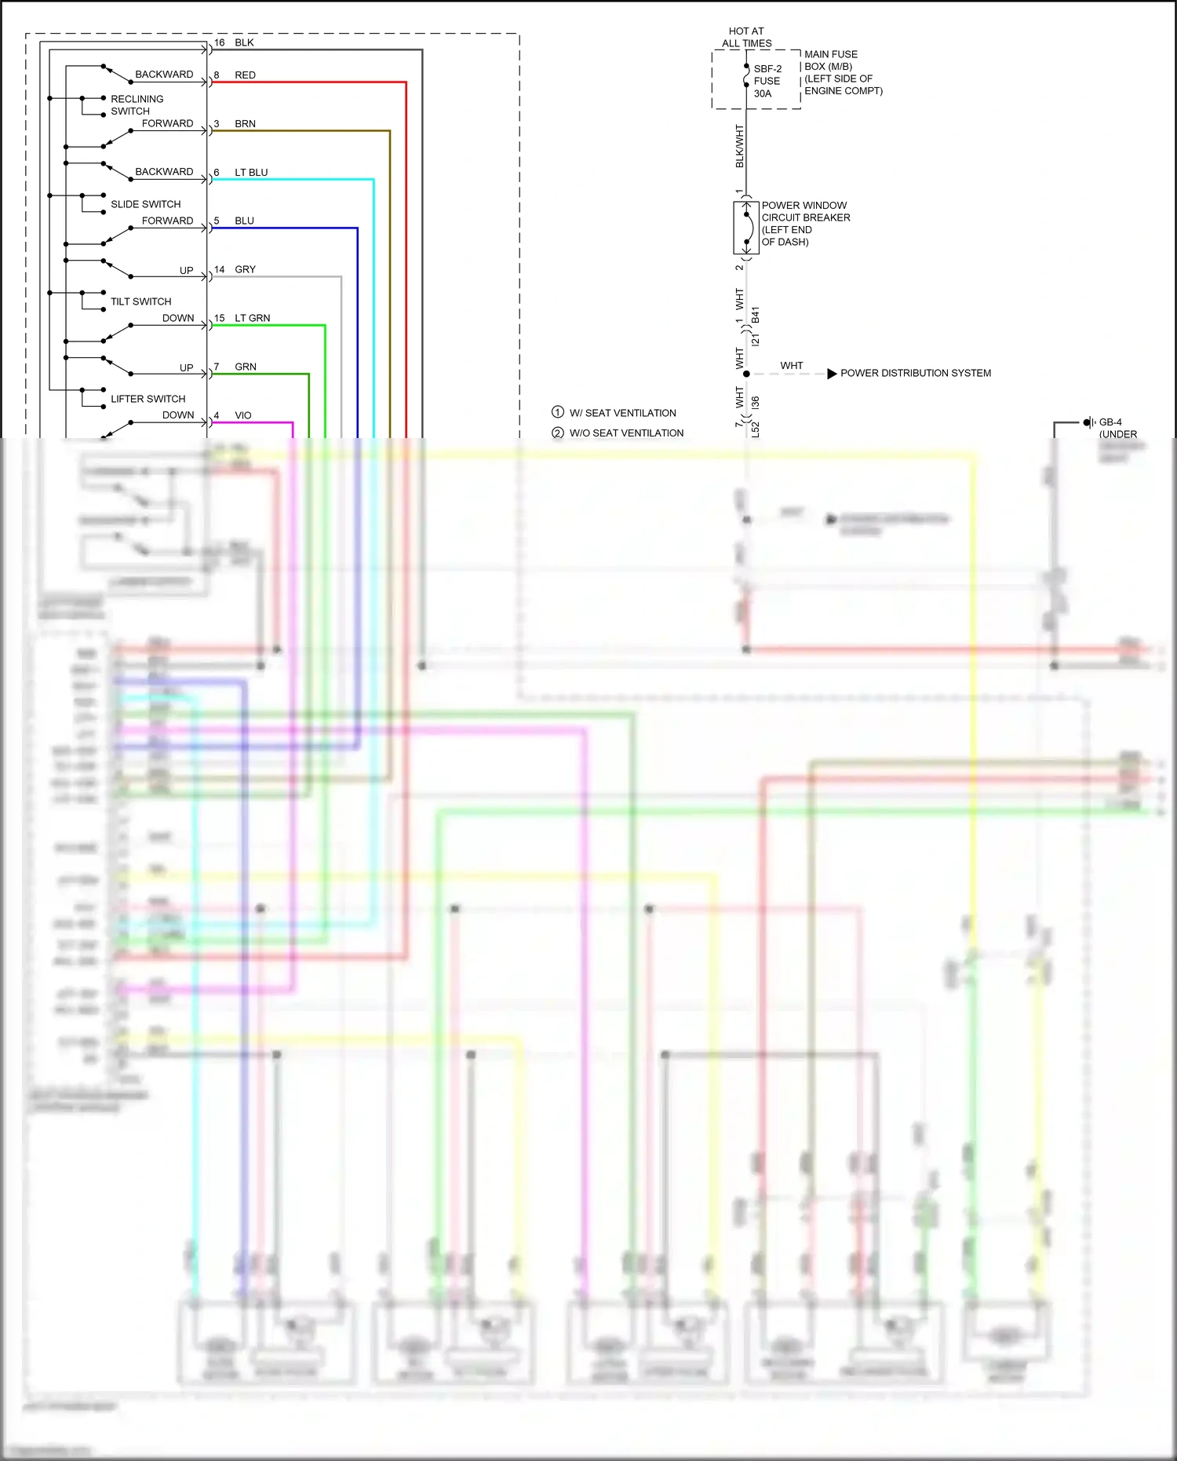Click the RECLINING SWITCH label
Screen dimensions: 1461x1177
137,105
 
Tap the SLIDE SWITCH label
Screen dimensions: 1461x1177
145,204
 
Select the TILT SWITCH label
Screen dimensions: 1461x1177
140,301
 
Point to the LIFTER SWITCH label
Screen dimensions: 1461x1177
148,399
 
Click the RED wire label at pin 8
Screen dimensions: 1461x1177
245,75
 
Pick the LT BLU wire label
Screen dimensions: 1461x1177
251,173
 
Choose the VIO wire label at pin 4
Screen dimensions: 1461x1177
243,415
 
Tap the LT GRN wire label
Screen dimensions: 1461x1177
252,318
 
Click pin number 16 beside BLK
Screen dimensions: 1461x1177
219,43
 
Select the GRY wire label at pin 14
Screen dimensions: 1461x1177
245,269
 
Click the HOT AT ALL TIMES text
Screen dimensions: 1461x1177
746,38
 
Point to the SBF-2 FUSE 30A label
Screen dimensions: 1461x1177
767,81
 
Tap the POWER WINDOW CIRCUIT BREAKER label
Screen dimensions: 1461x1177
805,224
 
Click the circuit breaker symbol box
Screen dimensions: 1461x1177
746,228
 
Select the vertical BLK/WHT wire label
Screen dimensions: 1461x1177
739,146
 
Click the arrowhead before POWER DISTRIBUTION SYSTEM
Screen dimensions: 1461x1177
832,374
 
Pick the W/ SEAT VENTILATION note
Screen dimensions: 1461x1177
622,413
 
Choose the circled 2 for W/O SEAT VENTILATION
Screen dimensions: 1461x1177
558,433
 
